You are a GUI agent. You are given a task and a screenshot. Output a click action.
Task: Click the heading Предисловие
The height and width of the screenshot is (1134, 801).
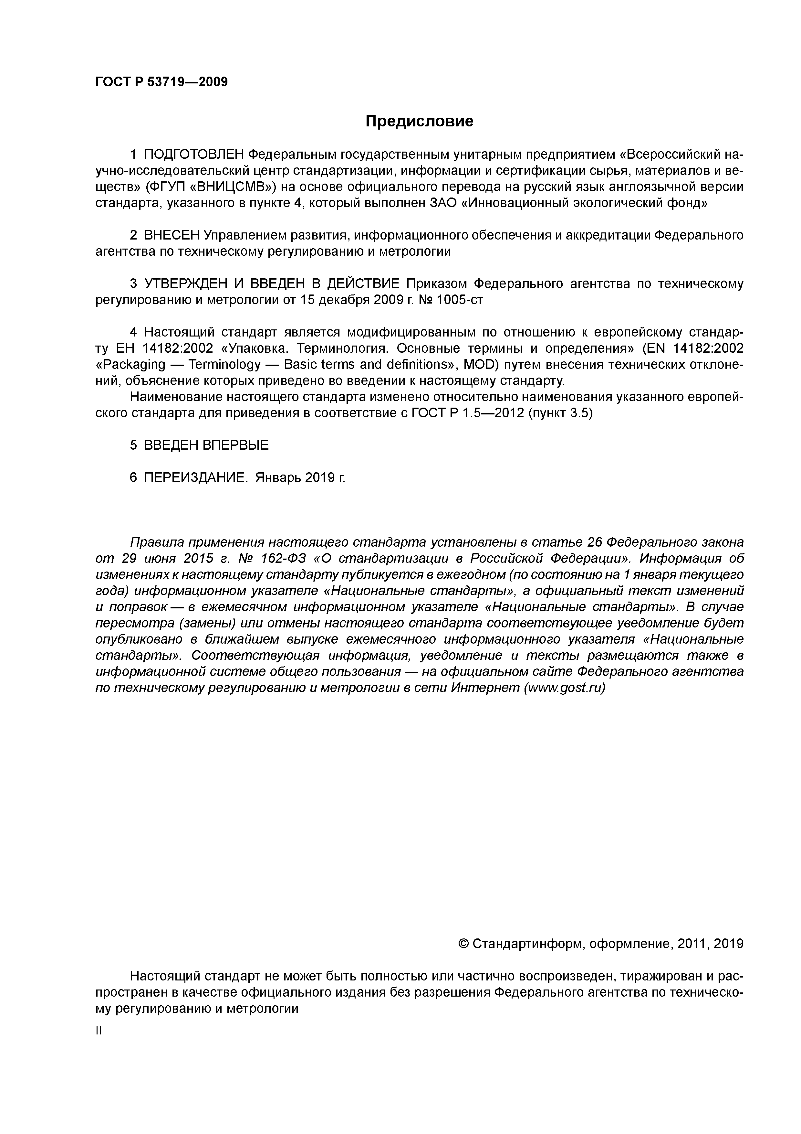419,121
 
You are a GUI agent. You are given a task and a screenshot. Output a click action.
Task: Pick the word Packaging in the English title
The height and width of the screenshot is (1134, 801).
131,365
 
